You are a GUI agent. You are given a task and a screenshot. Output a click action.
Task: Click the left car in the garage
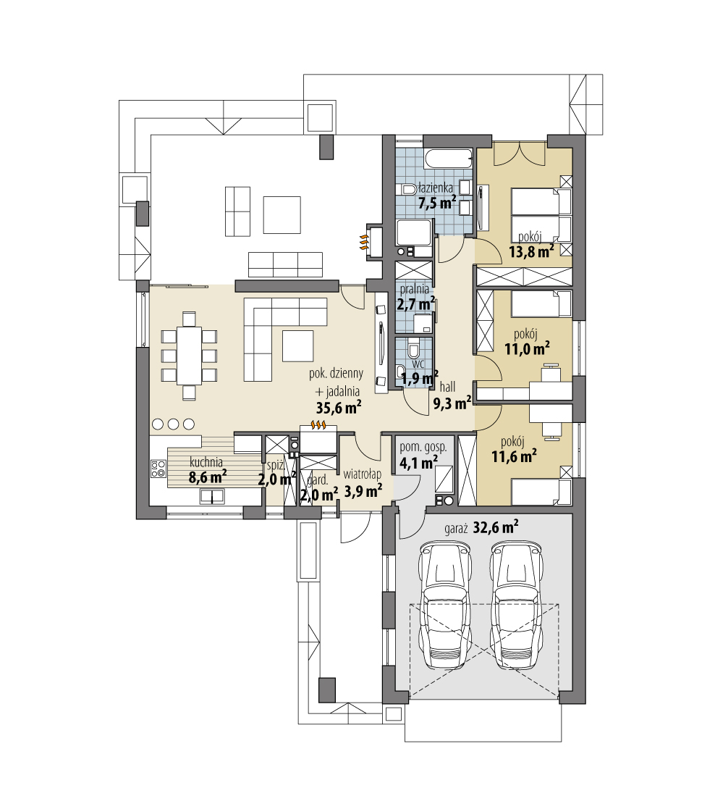[447, 607]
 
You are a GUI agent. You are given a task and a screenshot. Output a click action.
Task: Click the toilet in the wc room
[414, 351]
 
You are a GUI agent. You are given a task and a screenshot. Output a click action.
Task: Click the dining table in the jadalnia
[190, 356]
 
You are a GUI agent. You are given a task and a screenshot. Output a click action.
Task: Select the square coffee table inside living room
[297, 345]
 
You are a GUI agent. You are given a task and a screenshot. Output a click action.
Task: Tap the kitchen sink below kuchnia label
[211, 496]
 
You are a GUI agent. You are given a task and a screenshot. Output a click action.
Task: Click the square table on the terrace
[282, 214]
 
